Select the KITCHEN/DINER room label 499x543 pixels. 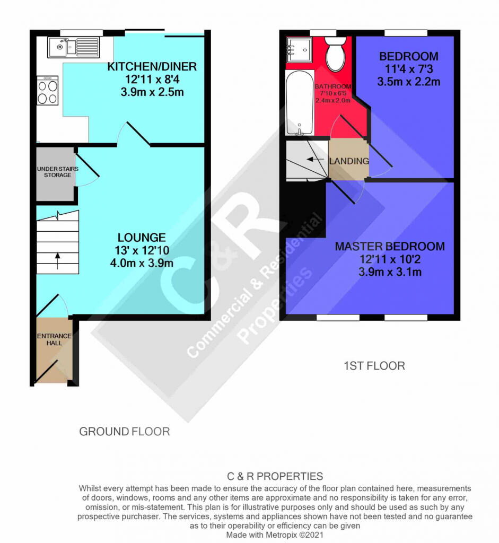tap(152, 67)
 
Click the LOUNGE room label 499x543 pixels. tap(142, 238)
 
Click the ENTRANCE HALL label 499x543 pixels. tap(54, 339)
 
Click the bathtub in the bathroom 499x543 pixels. tap(299, 104)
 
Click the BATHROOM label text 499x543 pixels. tap(333, 86)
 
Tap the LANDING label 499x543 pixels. tap(348, 161)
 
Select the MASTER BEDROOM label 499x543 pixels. tap(390, 247)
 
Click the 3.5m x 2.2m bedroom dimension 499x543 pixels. tap(408, 82)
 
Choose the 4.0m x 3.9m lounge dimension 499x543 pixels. tap(142, 263)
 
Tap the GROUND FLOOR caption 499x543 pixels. tap(125, 432)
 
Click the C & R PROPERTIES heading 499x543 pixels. tap(275, 476)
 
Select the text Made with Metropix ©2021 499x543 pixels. tap(275, 535)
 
